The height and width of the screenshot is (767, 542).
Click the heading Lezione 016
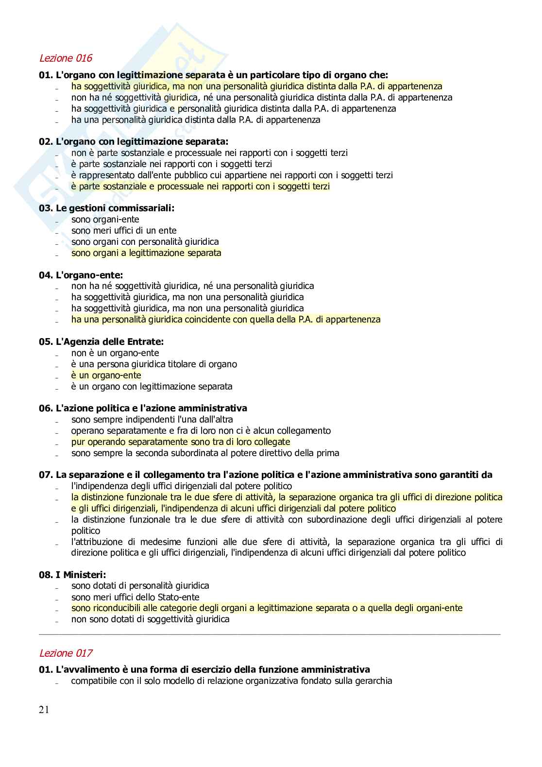(66, 58)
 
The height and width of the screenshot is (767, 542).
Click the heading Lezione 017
(66, 653)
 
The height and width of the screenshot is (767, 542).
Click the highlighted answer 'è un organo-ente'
(106, 375)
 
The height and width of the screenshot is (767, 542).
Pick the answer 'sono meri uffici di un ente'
(124, 231)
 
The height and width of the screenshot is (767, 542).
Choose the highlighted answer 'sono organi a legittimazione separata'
(146, 253)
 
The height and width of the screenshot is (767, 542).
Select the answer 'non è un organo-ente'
(115, 353)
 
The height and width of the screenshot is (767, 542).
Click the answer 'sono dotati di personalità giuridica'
(140, 586)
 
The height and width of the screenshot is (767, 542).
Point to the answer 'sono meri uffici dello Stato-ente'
(135, 597)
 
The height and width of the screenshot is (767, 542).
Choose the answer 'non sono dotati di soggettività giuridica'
(150, 619)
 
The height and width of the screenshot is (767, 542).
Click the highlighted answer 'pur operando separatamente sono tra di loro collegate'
(181, 442)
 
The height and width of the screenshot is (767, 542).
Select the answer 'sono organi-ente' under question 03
(105, 220)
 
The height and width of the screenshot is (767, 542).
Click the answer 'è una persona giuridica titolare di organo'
(154, 364)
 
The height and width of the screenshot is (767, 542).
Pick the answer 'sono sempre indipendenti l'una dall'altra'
(152, 419)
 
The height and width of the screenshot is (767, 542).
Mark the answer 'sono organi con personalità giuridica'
(145, 241)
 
